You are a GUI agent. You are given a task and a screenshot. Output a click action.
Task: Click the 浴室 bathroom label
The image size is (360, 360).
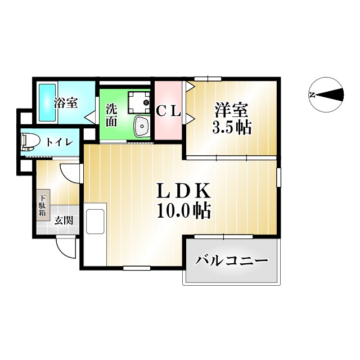(x=66, y=103)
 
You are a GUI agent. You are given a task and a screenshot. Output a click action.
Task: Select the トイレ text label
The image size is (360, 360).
(x=58, y=142)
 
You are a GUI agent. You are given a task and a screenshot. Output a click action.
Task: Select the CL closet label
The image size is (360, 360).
(x=168, y=111)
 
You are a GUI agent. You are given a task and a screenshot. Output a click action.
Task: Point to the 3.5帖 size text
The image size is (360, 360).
(x=231, y=127)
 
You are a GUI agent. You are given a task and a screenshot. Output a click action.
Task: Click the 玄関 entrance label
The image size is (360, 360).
(x=63, y=220)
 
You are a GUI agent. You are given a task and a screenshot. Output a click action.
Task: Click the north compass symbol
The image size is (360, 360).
(x=326, y=94)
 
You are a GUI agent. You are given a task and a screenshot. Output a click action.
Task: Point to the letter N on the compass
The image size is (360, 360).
(x=312, y=94)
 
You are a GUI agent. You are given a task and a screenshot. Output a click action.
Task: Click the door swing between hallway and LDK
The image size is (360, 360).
(x=73, y=173)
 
